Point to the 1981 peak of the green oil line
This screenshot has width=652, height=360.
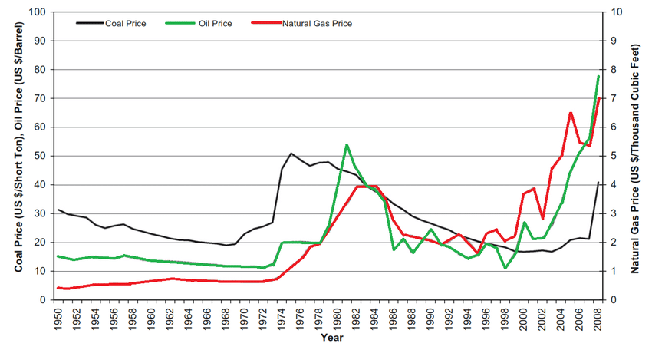click(347, 144)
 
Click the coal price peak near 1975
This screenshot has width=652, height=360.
click(291, 154)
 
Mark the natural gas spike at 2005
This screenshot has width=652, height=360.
click(571, 113)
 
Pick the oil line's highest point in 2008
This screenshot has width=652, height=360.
click(598, 76)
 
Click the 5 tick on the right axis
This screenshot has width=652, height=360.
click(613, 156)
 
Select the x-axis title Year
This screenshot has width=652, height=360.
click(332, 338)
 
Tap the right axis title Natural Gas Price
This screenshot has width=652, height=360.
click(635, 156)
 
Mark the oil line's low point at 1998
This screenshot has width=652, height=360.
click(505, 268)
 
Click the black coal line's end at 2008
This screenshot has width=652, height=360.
click(598, 183)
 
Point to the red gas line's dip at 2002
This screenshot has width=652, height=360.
click(542, 219)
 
